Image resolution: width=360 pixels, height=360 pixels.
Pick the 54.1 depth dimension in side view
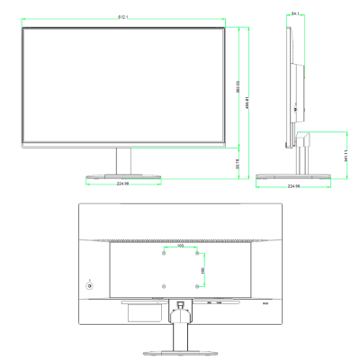tap(296, 13)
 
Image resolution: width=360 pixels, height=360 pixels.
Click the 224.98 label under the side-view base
tap(293, 187)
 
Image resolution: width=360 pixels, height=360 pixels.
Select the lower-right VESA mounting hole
tap(195, 286)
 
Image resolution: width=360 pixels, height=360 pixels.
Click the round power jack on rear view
tap(89, 286)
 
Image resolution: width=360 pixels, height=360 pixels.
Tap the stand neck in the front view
tap(122, 161)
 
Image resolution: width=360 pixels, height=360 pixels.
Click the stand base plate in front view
tap(123, 177)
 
